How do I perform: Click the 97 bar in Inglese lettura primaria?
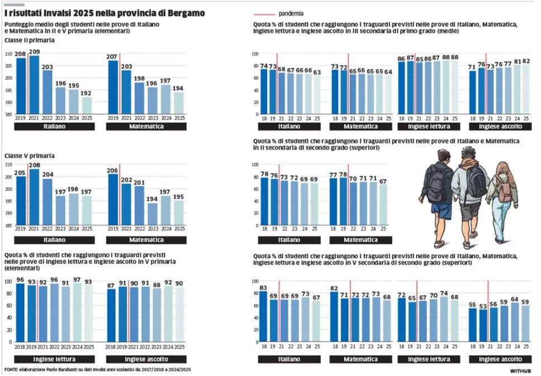coord(75,315)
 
